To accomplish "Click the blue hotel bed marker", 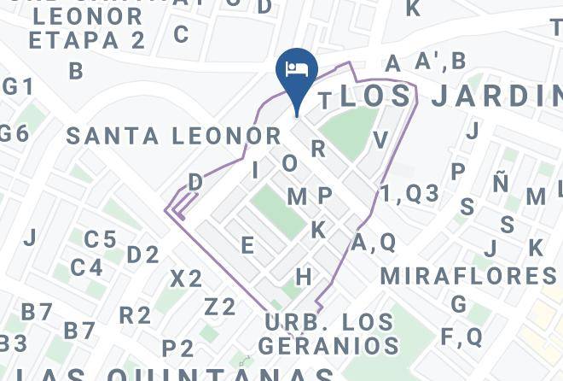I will click(297, 70).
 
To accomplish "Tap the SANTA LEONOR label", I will click(173, 136).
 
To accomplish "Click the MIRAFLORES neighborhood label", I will click(468, 276).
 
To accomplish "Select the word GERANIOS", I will click(328, 346).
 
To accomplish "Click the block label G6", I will click(14, 133).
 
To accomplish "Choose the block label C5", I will click(100, 239).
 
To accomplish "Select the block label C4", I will click(86, 268).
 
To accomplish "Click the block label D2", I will click(142, 255).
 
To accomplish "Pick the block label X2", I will click(186, 278).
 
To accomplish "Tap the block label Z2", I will click(219, 307).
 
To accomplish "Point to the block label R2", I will click(135, 315).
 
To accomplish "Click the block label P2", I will click(177, 348).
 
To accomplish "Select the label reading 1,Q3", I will click(409, 194).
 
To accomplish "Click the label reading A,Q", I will click(374, 243).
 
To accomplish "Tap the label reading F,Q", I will click(461, 337).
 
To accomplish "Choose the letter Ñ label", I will click(501, 182).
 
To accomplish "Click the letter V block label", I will click(380, 140).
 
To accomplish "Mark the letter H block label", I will click(304, 277).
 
